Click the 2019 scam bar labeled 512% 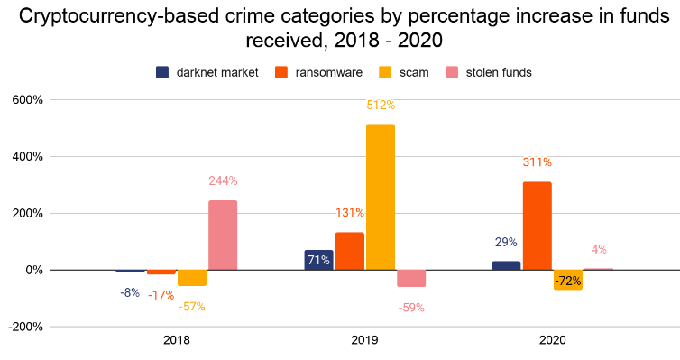381,197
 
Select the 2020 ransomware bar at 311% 537,226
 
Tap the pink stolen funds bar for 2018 223,235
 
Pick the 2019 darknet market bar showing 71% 318,260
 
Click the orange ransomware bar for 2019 350,251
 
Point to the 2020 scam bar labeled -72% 568,280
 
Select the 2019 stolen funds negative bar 411,278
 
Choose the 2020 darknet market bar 506,265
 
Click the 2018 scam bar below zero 192,278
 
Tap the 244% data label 223,180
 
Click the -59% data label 411,308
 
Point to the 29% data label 506,242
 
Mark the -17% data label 161,295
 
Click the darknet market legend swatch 162,72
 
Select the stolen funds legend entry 489,72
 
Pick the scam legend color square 385,72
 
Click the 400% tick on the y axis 27,157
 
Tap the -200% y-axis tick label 25,327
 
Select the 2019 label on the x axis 364,340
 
